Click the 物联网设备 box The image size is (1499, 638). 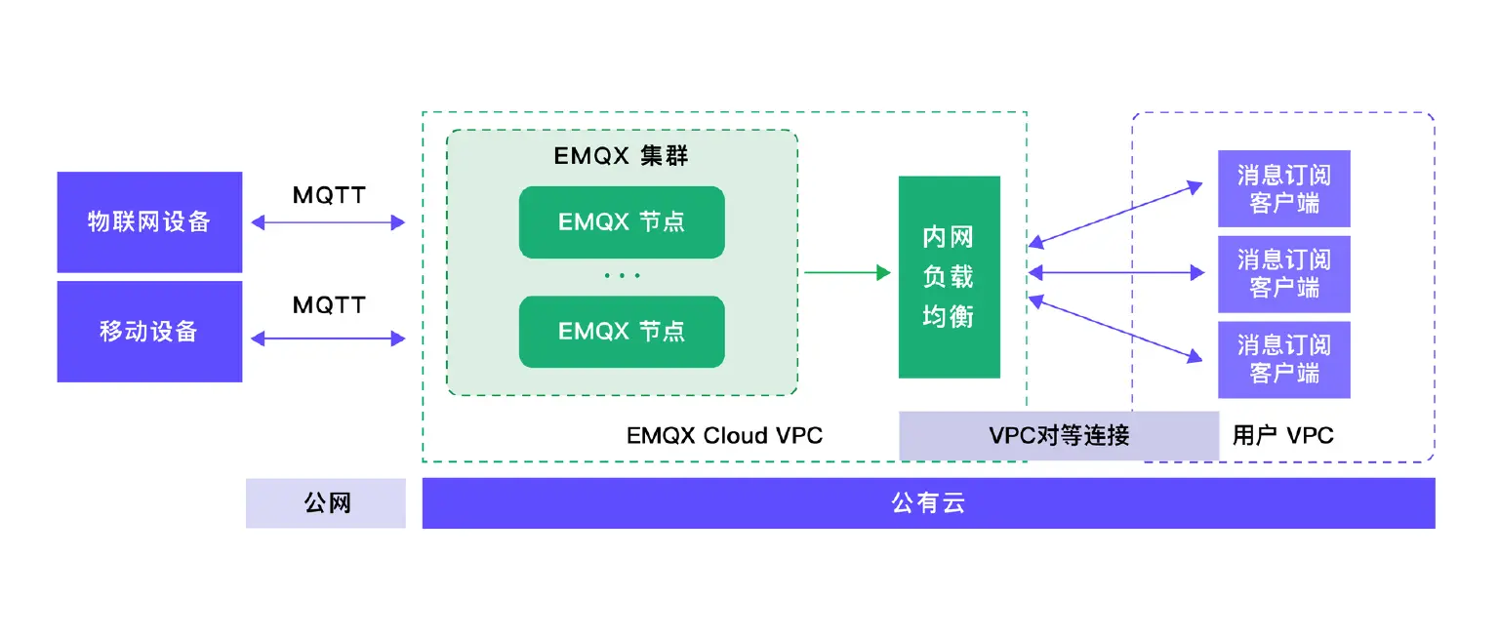(x=149, y=222)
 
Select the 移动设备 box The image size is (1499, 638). (x=149, y=332)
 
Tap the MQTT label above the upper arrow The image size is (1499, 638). (x=329, y=195)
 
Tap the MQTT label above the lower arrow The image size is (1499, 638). (x=329, y=305)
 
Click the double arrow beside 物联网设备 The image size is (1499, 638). (x=328, y=222)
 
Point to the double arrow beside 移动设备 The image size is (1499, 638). (x=328, y=339)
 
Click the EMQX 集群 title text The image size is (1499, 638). (x=621, y=157)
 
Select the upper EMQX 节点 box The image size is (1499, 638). (x=622, y=222)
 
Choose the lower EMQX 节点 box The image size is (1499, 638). (x=622, y=332)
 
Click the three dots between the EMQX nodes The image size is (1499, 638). (x=622, y=276)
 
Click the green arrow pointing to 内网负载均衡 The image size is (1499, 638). (x=847, y=272)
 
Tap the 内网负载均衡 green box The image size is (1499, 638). (x=949, y=277)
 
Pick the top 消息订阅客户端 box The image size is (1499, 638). (x=1283, y=189)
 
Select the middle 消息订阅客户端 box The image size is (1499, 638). (x=1283, y=274)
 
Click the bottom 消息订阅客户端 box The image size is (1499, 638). (x=1283, y=359)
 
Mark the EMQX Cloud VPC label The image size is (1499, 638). (x=724, y=435)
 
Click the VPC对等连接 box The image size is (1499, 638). (x=1059, y=435)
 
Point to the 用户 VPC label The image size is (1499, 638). (x=1282, y=435)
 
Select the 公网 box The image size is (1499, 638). (x=326, y=503)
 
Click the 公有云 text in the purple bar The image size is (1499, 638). (x=928, y=503)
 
